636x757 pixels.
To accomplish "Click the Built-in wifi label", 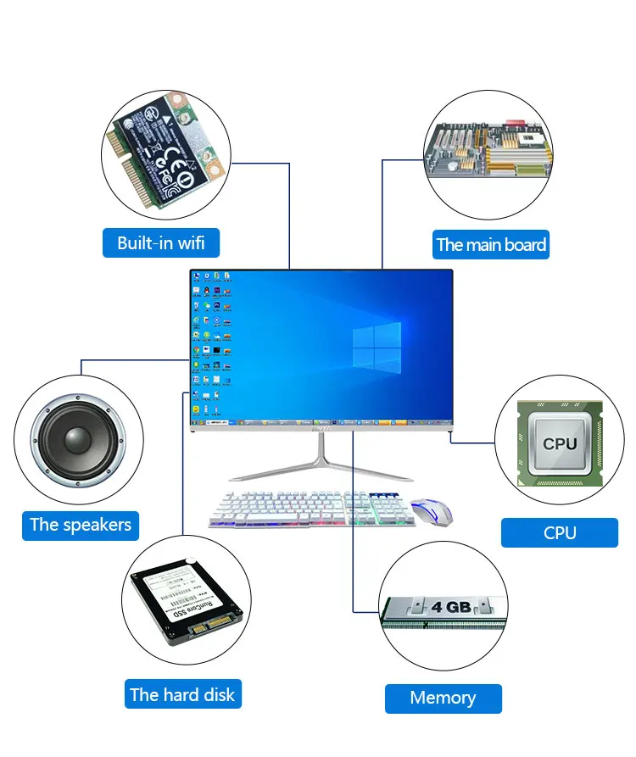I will (160, 242).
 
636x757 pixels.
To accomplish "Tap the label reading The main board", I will (491, 245).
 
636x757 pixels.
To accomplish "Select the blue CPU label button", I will (560, 532).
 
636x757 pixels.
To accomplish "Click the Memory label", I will (443, 698).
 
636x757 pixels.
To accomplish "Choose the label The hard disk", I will (182, 695).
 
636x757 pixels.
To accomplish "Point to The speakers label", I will (81, 524).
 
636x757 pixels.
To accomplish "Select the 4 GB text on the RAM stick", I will (450, 607).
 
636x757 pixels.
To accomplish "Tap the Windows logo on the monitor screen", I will (377, 346).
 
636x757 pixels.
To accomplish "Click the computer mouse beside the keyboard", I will (432, 511).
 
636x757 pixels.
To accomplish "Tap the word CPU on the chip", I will (560, 443).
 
